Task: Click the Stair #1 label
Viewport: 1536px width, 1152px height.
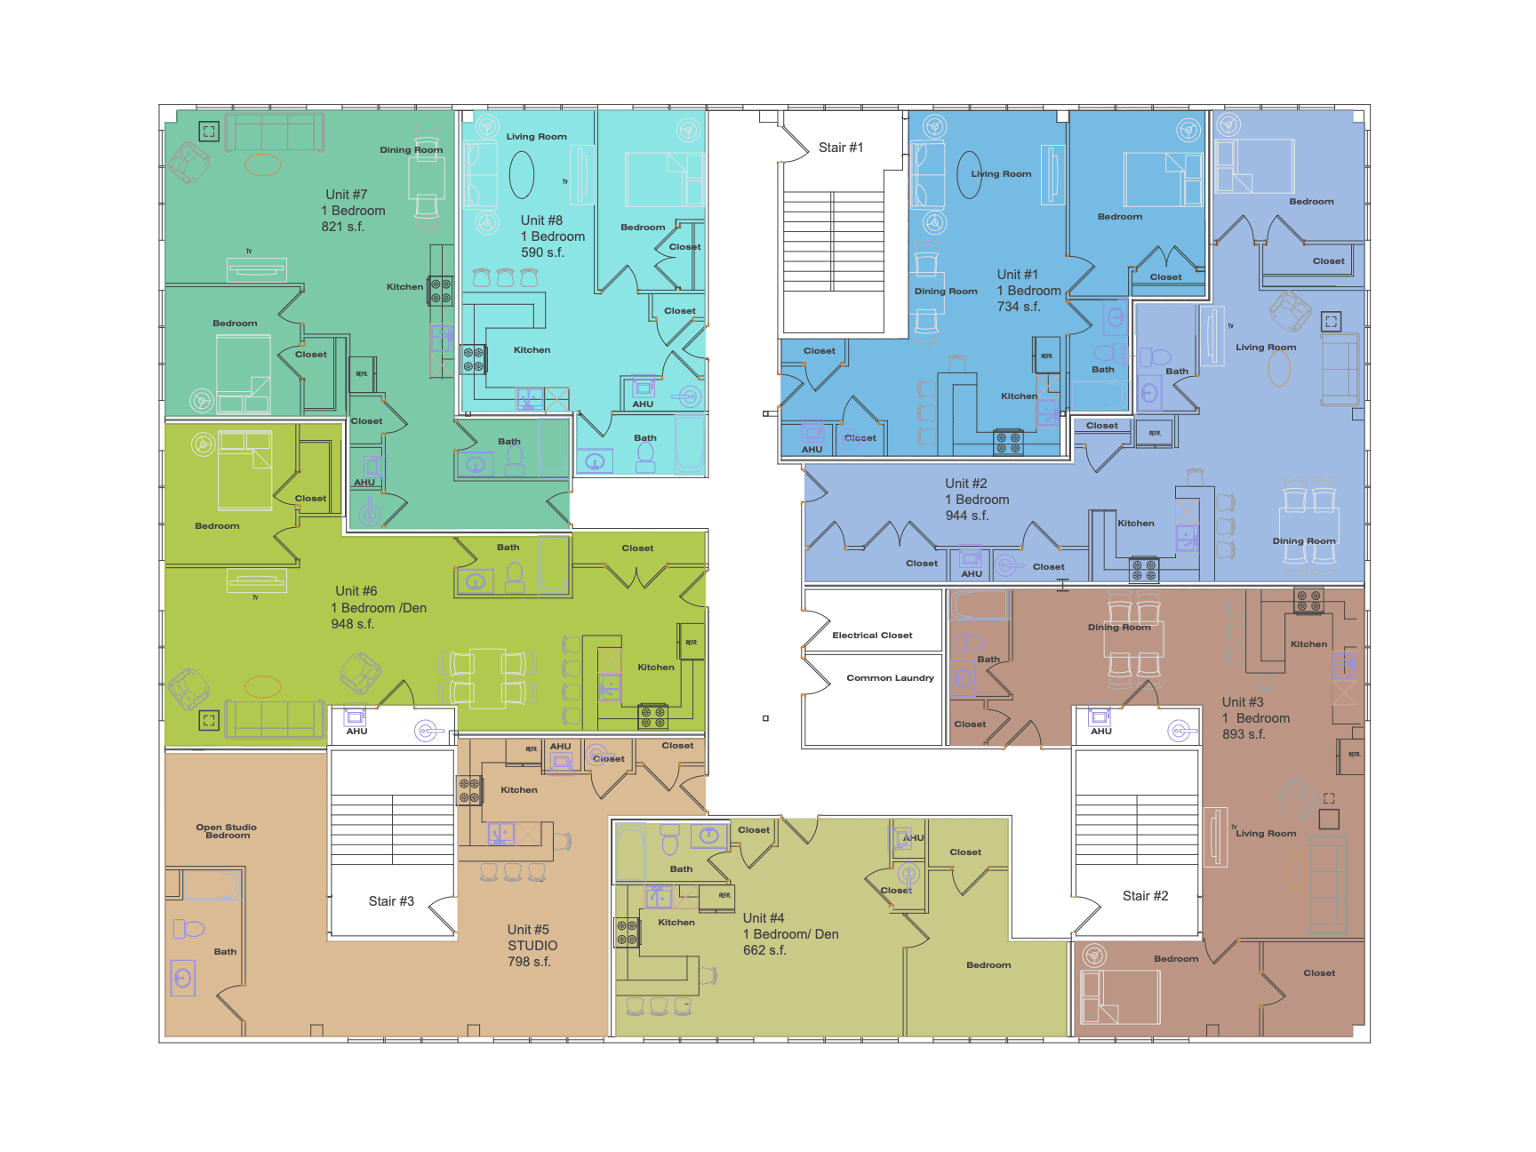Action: coord(840,148)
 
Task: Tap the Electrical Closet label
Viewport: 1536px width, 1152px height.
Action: coord(872,636)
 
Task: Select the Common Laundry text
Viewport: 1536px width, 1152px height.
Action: coord(890,678)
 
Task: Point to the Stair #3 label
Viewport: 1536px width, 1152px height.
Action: coord(391,901)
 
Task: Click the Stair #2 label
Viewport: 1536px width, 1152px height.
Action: coord(1145,896)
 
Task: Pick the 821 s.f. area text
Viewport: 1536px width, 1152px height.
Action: coord(343,227)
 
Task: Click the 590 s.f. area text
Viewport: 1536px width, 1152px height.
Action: coord(542,252)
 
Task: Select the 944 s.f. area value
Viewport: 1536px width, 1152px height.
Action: coord(967,516)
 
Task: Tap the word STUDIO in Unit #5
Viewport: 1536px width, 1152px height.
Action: coord(532,946)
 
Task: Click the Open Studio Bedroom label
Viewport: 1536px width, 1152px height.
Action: coord(227,831)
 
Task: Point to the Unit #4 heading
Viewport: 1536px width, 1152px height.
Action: coord(764,918)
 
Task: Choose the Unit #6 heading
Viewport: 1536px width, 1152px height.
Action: coord(356,591)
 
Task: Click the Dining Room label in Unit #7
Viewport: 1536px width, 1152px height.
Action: coord(411,150)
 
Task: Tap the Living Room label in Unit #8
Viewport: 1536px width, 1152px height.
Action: coord(536,137)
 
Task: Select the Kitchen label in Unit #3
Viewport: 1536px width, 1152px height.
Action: coord(1308,644)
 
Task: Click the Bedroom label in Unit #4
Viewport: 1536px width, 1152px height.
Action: coord(988,965)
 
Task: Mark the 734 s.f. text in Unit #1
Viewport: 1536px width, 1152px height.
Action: coord(1018,307)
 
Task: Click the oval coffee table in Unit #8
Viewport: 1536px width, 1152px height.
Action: coord(522,174)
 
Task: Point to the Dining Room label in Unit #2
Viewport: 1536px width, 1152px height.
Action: coord(1303,541)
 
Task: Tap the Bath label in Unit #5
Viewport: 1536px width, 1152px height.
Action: coord(225,952)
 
